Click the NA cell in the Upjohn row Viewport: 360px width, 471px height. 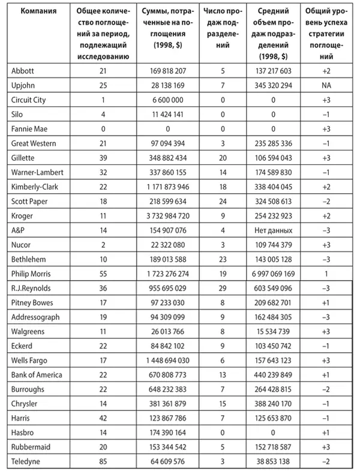tap(326, 85)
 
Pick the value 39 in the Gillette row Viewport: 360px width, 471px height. tap(101, 157)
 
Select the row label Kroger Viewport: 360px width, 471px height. tap(22, 214)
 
